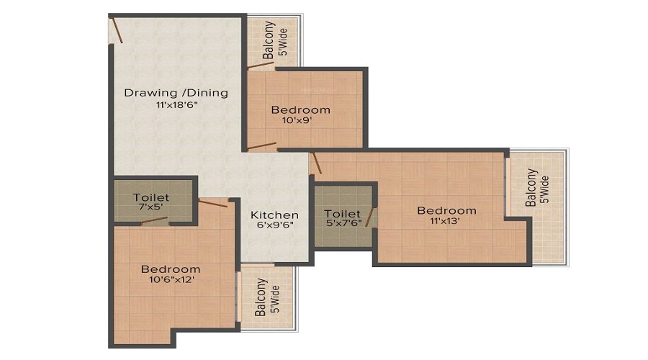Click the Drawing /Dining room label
(176, 93)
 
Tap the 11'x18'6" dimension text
(176, 105)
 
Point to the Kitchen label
(274, 215)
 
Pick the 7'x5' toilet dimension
(151, 207)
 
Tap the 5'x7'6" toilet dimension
(344, 222)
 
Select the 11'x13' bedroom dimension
(445, 221)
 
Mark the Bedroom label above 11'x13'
(446, 210)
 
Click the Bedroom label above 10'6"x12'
(171, 269)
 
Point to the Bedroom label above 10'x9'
(300, 110)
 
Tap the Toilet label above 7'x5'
(151, 197)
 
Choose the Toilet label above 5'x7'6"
(342, 214)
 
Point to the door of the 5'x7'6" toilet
(370, 217)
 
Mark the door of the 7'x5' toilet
(155, 220)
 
